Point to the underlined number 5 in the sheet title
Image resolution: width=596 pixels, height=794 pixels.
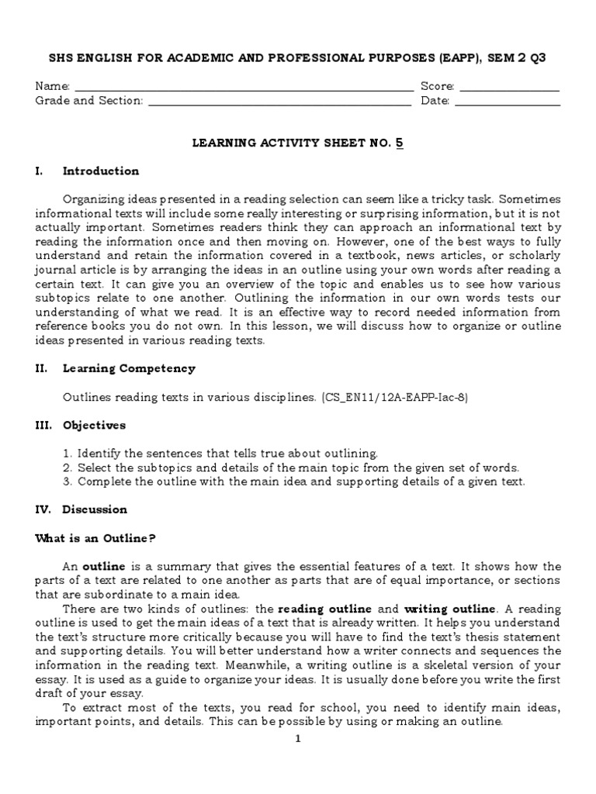pyautogui.click(x=400, y=143)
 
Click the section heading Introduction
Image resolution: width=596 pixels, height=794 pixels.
pyautogui.click(x=101, y=171)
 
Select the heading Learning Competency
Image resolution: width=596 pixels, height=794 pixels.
pyautogui.click(x=129, y=368)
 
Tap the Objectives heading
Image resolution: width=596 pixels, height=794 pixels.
pyautogui.click(x=94, y=425)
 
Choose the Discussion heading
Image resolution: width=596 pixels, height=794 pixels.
pyautogui.click(x=95, y=509)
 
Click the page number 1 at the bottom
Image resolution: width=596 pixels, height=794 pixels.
pyautogui.click(x=297, y=738)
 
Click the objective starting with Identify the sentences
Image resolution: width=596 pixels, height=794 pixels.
pyautogui.click(x=220, y=453)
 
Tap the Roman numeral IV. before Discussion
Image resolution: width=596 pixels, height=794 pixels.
pyautogui.click(x=45, y=509)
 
